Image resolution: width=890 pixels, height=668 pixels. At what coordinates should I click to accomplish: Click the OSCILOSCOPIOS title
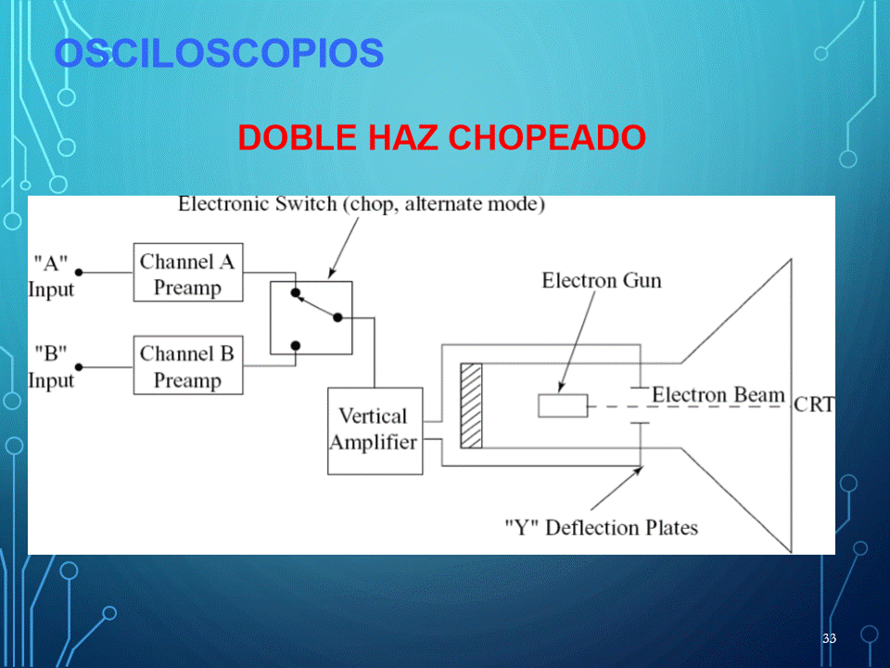coord(219,53)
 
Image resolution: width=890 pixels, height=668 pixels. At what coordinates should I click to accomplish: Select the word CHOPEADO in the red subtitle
coord(547,137)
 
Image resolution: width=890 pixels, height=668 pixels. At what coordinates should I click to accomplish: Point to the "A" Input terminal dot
coord(79,273)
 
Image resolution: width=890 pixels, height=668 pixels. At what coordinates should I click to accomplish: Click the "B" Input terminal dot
coord(79,367)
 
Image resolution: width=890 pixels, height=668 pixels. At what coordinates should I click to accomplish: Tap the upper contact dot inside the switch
coord(295,292)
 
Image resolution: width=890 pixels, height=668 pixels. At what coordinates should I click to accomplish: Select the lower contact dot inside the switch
coord(295,345)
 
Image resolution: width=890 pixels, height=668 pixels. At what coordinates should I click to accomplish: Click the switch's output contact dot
coord(337,317)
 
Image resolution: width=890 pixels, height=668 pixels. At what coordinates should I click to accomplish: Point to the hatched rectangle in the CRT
coord(471,405)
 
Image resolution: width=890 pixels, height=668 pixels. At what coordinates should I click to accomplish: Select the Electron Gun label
coord(602,280)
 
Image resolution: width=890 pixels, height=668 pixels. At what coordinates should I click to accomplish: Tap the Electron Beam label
coord(718,394)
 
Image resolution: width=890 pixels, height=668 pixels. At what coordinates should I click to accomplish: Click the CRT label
coord(814,405)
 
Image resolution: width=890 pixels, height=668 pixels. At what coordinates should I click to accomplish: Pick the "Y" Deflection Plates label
coord(602,528)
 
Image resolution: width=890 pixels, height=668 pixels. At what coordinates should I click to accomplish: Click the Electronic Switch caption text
coord(362,204)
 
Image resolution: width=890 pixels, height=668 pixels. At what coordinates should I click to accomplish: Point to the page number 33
coord(829,638)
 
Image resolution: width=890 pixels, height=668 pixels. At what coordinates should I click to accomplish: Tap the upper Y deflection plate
coord(641,388)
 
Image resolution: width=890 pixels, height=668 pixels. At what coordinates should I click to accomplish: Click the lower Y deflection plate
coord(641,423)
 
